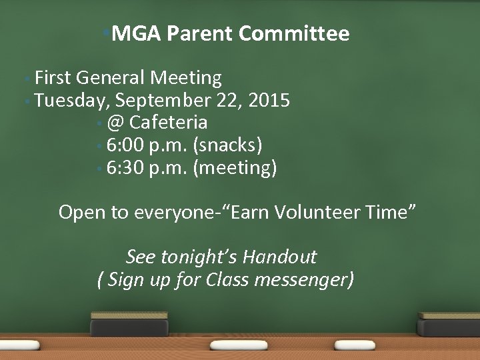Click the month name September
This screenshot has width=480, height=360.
coord(165,101)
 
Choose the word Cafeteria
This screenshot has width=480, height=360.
coord(169,123)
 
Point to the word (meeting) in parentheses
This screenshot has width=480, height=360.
coord(234,167)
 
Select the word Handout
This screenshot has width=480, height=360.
coord(279,257)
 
